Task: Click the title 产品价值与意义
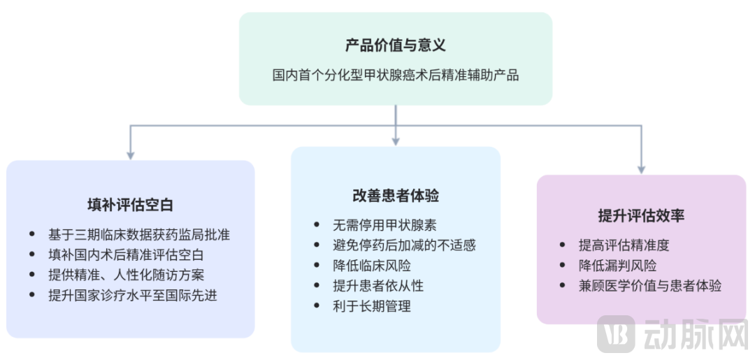pyautogui.click(x=395, y=46)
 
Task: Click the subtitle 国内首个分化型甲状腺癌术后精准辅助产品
pyautogui.click(x=395, y=75)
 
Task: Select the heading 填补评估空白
pyautogui.click(x=130, y=205)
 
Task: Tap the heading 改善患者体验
pyautogui.click(x=395, y=196)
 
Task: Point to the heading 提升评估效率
pyautogui.click(x=641, y=215)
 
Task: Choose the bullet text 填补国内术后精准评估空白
pyautogui.click(x=126, y=255)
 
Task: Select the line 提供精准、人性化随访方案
pyautogui.click(x=126, y=275)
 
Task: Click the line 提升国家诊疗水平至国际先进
pyautogui.click(x=132, y=295)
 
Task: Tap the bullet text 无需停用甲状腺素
pyautogui.click(x=385, y=225)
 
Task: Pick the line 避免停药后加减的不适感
pyautogui.click(x=404, y=245)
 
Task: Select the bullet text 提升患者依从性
pyautogui.click(x=378, y=286)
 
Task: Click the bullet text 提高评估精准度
pyautogui.click(x=624, y=245)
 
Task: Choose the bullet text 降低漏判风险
pyautogui.click(x=617, y=266)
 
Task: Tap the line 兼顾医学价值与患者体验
pyautogui.click(x=649, y=285)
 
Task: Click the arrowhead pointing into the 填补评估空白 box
pyautogui.click(x=130, y=154)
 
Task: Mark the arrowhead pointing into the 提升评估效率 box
pyautogui.click(x=641, y=168)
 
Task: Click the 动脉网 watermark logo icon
pyautogui.click(x=615, y=334)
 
